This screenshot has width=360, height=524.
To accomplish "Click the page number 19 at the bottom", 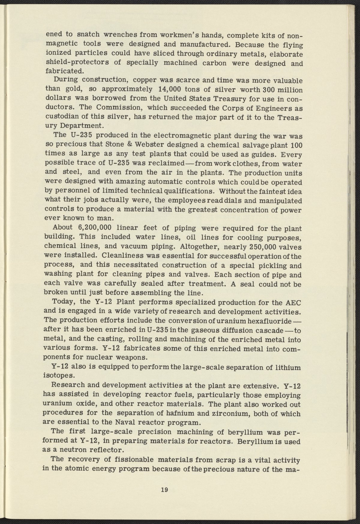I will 164,490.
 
